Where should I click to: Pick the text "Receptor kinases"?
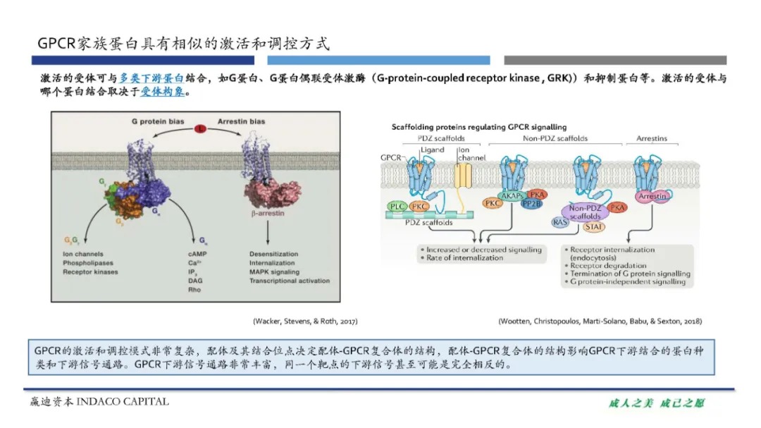pyautogui.click(x=90, y=271)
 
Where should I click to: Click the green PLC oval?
pyautogui.click(x=398, y=206)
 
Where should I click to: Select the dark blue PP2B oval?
pyautogui.click(x=531, y=204)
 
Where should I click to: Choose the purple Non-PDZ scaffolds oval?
pyautogui.click(x=586, y=212)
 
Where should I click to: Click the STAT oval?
pyautogui.click(x=594, y=227)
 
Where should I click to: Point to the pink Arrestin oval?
pyautogui.click(x=652, y=197)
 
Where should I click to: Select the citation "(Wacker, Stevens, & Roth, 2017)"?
pyautogui.click(x=305, y=321)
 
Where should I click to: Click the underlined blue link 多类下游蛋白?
pyautogui.click(x=151, y=78)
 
